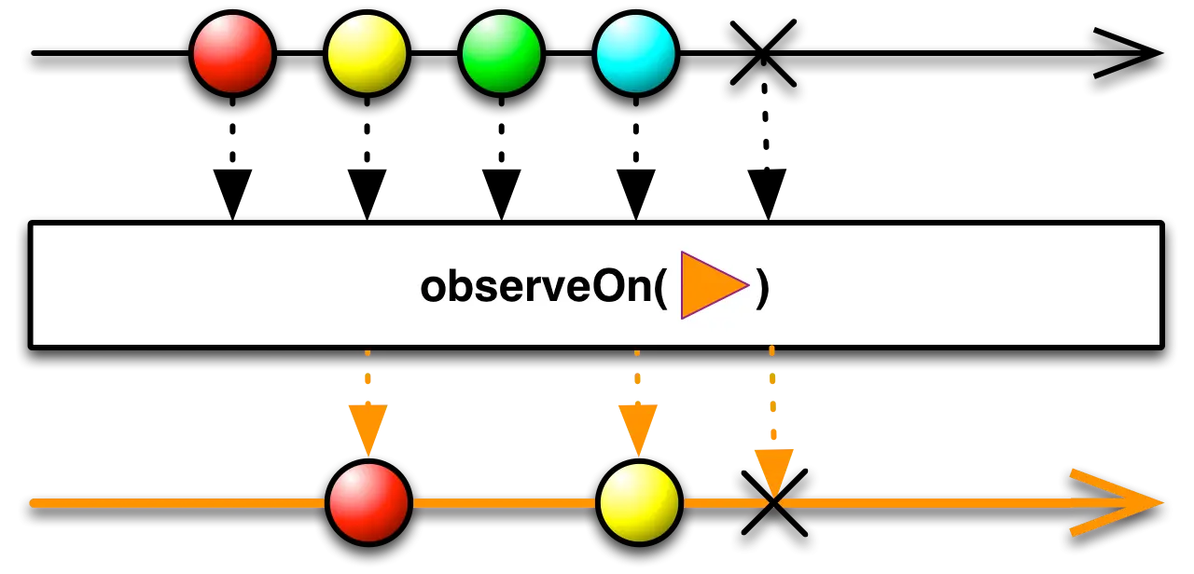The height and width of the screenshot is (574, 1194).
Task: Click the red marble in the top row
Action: pyautogui.click(x=232, y=53)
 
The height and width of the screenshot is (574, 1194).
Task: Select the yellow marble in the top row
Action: pyautogui.click(x=367, y=53)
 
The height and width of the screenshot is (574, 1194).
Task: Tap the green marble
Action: pyautogui.click(x=501, y=53)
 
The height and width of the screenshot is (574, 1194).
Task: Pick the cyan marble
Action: pyautogui.click(x=635, y=53)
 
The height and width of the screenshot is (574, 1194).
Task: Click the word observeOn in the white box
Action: pyautogui.click(x=535, y=287)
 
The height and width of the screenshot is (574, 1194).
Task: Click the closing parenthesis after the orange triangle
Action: pyautogui.click(x=763, y=287)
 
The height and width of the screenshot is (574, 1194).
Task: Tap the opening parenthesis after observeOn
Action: pyautogui.click(x=660, y=287)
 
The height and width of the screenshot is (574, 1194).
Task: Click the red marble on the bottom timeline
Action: pyautogui.click(x=368, y=502)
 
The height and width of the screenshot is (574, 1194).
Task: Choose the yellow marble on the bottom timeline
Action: pyautogui.click(x=639, y=502)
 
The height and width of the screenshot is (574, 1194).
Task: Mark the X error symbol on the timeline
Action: pyautogui.click(x=773, y=503)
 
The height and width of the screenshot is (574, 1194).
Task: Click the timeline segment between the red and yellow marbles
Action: pyautogui.click(x=504, y=503)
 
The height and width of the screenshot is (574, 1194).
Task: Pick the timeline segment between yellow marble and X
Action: pyautogui.click(x=723, y=503)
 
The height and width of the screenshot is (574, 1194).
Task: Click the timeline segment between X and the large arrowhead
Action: pyautogui.click(x=923, y=503)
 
